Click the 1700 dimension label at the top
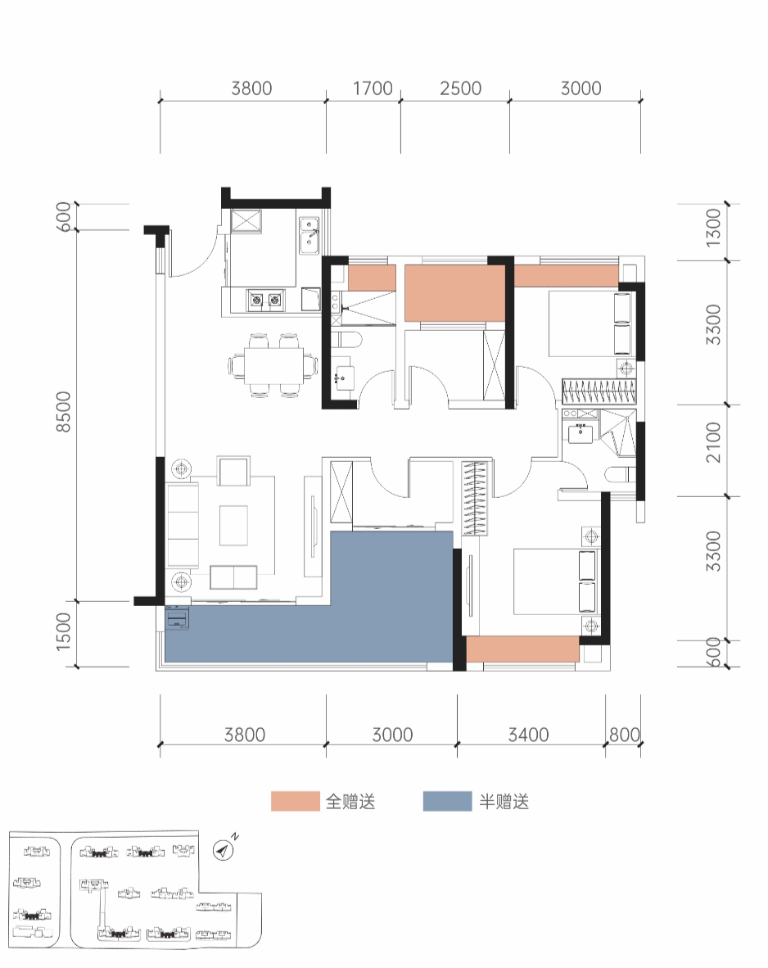[x=373, y=88]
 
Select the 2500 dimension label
[x=460, y=88]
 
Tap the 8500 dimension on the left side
[x=64, y=411]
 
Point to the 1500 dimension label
[x=64, y=631]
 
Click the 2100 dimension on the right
[x=714, y=442]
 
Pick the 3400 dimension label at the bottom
[x=528, y=735]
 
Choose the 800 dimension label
[x=624, y=735]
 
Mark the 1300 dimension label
[x=714, y=228]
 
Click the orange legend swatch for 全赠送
[x=296, y=801]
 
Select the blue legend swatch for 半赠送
[x=448, y=801]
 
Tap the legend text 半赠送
[x=504, y=801]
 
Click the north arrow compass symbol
[x=223, y=850]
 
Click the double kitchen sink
[x=309, y=235]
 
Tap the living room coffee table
[x=233, y=526]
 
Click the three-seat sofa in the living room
[x=183, y=526]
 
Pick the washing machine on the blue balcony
[x=177, y=618]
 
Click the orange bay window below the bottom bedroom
[x=522, y=649]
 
